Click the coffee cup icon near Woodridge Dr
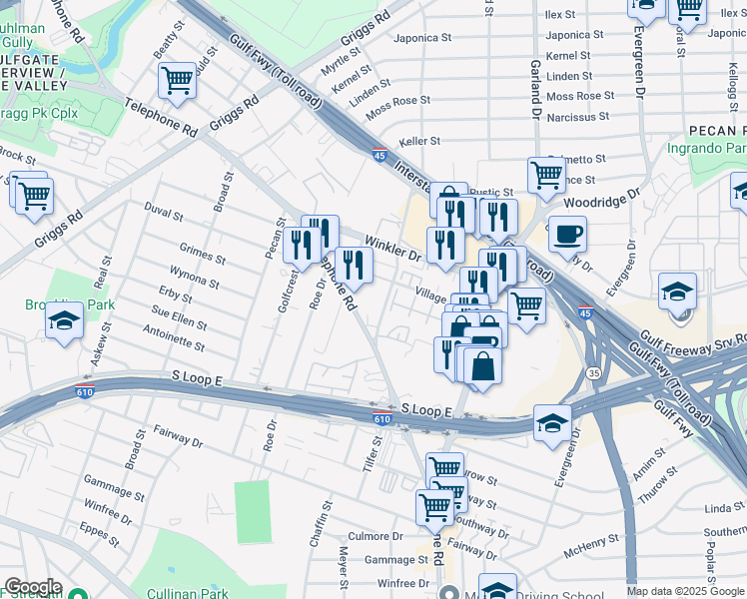567,235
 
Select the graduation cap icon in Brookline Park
64,321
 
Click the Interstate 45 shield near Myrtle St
379,155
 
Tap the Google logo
33,587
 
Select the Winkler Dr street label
394,247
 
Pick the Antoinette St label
174,338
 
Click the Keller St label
420,142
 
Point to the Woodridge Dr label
600,197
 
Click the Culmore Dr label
374,536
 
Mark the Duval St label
164,214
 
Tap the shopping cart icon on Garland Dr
546,175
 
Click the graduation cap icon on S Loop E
552,421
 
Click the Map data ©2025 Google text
684,591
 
